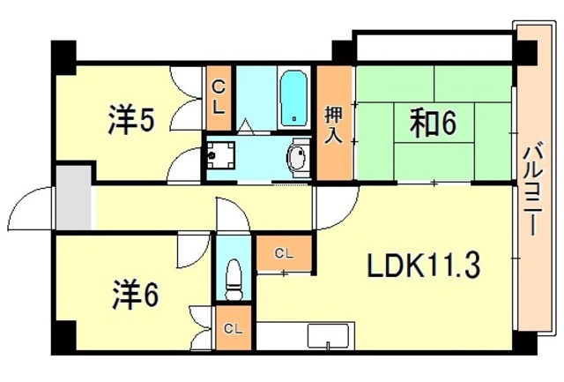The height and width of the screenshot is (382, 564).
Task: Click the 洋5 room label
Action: [x=133, y=121]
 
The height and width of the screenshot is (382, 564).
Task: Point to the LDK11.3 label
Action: [x=424, y=266]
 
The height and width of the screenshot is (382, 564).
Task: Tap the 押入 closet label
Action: [x=334, y=124]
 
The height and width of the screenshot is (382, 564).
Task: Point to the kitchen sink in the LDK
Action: [x=329, y=338]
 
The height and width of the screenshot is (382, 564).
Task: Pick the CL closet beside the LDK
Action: [x=282, y=254]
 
